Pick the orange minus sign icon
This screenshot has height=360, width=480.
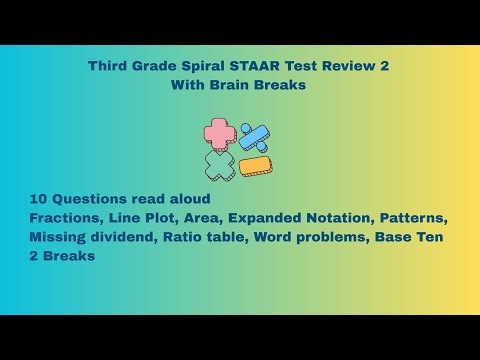tap(256, 166)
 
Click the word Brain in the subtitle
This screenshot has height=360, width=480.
tap(232, 85)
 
